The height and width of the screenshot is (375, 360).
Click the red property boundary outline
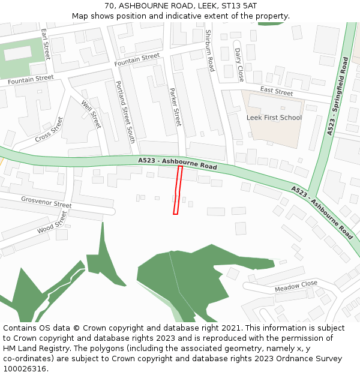pos(178,190)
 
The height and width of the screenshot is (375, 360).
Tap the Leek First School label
pos(274,118)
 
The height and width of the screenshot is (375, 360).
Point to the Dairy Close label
pos(239,65)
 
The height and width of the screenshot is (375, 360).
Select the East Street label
pos(276,92)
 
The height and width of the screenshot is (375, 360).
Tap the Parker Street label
pos(175,107)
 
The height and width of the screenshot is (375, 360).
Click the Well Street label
pos(91,114)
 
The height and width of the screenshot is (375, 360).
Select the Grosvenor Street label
pos(46,202)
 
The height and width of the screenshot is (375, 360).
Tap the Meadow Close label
pos(296,286)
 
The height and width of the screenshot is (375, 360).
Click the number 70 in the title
pos(109,5)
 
